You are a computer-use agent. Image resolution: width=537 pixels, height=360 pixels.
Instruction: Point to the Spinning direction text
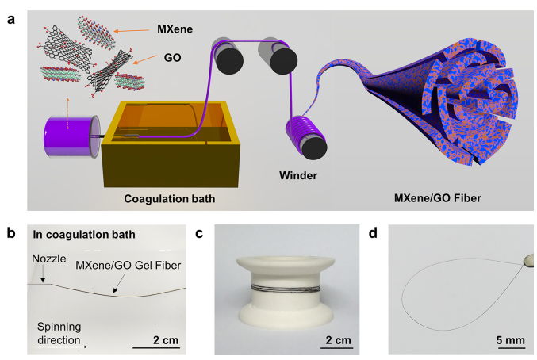pyautogui.click(x=65, y=334)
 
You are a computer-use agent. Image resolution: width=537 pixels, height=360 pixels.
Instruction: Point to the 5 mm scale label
pyautogui.click(x=510, y=340)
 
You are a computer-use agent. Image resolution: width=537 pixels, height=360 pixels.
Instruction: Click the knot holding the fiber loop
pyautogui.click(x=525, y=259)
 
